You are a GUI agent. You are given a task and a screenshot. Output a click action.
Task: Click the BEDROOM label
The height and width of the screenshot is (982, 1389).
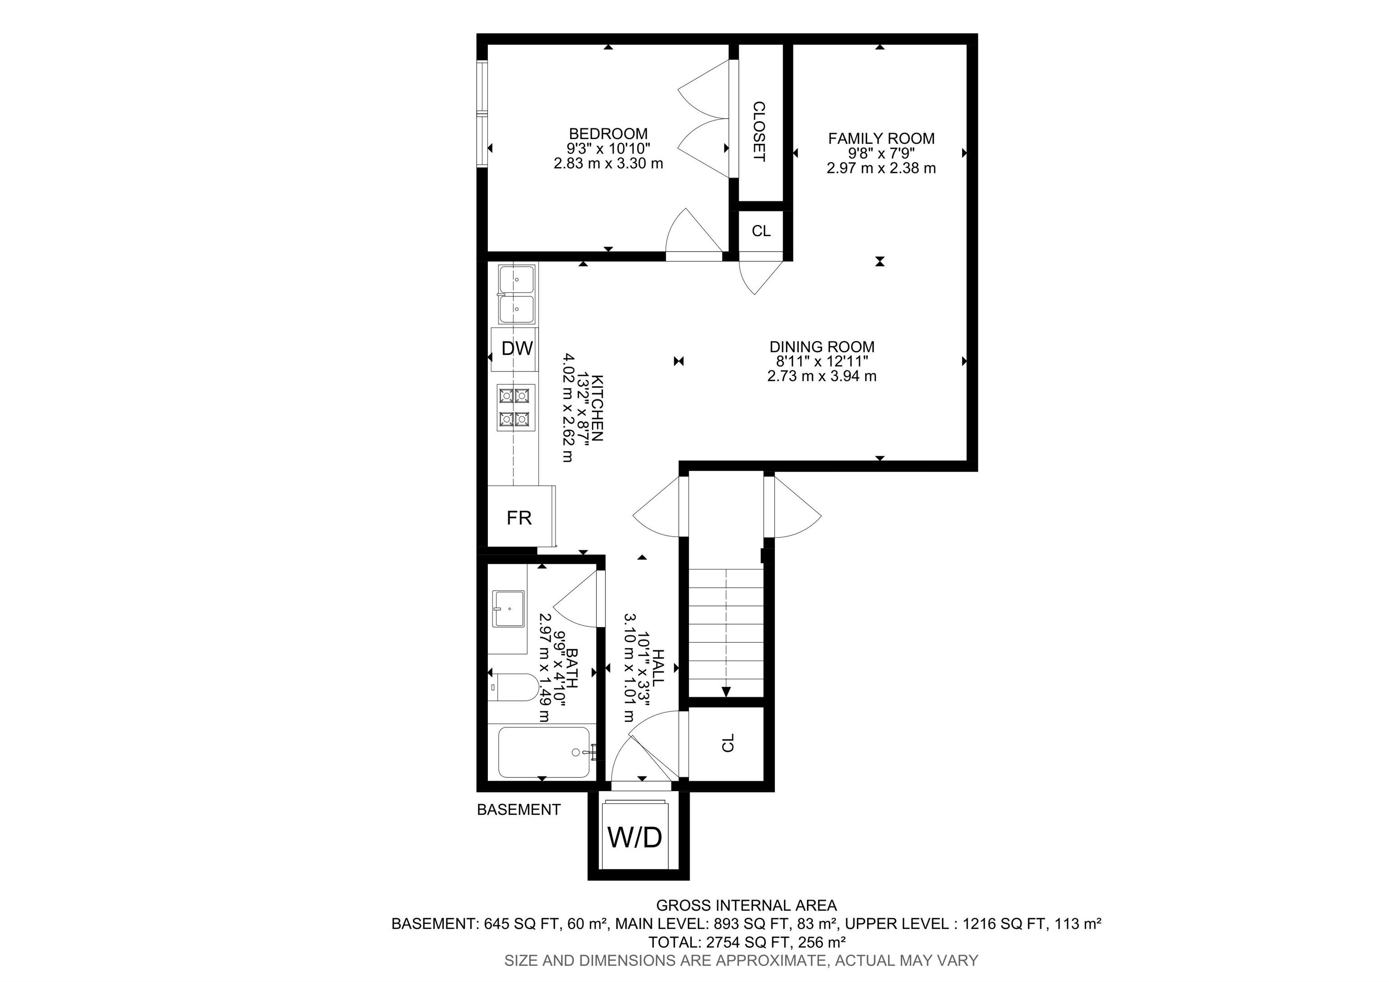pyautogui.click(x=608, y=134)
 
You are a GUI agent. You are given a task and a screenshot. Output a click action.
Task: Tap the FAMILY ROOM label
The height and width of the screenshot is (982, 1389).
pyautogui.click(x=881, y=138)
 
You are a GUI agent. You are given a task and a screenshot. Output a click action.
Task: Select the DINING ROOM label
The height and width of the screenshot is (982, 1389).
pyautogui.click(x=822, y=347)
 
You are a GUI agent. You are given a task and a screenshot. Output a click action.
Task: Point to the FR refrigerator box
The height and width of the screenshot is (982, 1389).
pyautogui.click(x=519, y=518)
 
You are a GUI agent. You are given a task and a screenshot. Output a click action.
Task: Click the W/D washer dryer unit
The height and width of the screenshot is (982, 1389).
pyautogui.click(x=635, y=837)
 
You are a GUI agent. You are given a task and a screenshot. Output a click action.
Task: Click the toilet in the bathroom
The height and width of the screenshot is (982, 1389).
pyautogui.click(x=513, y=687)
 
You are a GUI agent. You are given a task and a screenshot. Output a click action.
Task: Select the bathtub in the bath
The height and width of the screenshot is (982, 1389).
pyautogui.click(x=543, y=753)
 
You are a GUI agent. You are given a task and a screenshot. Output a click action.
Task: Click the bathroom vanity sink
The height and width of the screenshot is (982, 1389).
pyautogui.click(x=508, y=609)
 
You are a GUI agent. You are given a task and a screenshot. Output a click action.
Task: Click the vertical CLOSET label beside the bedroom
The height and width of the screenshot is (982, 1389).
pyautogui.click(x=759, y=131)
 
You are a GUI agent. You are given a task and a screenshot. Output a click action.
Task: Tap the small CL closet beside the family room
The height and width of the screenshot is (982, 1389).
pyautogui.click(x=761, y=231)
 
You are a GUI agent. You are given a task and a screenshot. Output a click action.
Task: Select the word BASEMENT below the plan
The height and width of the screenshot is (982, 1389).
pyautogui.click(x=519, y=810)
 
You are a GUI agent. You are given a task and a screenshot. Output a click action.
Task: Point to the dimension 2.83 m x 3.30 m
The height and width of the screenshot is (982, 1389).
pyautogui.click(x=608, y=163)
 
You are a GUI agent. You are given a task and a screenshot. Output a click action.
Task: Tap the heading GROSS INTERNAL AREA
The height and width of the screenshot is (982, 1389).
pyautogui.click(x=746, y=906)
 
